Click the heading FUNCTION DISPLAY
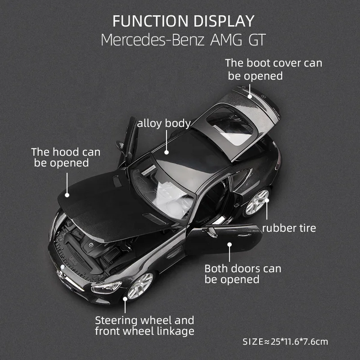point(183,21)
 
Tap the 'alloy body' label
point(164,123)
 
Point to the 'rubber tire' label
point(289,228)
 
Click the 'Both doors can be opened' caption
point(243,274)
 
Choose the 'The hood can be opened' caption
point(65,157)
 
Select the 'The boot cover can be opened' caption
point(274,69)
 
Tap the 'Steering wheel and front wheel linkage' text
point(144,326)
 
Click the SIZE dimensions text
point(285,342)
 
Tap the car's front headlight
point(107,286)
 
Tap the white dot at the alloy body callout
point(166,152)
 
